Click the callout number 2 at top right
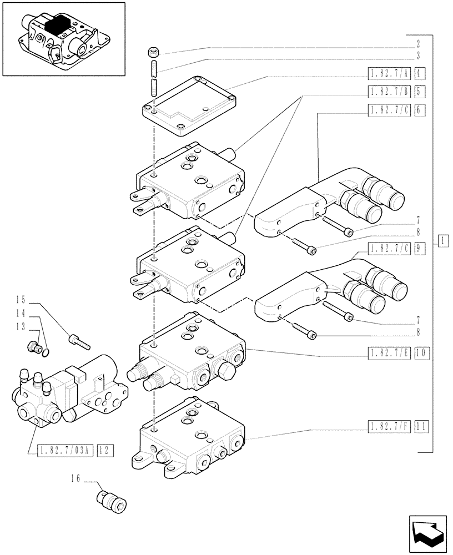[x=417, y=43]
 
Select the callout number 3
[x=417, y=56]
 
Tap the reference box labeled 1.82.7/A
[x=389, y=73]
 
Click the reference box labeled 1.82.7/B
[x=389, y=92]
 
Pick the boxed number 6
[x=419, y=110]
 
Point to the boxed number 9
[x=419, y=249]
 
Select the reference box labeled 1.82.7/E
[x=389, y=353]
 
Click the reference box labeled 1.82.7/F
[x=389, y=426]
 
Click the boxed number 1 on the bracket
[x=442, y=241]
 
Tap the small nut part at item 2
[x=154, y=53]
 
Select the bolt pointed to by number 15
[x=78, y=340]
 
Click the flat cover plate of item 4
[x=189, y=105]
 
